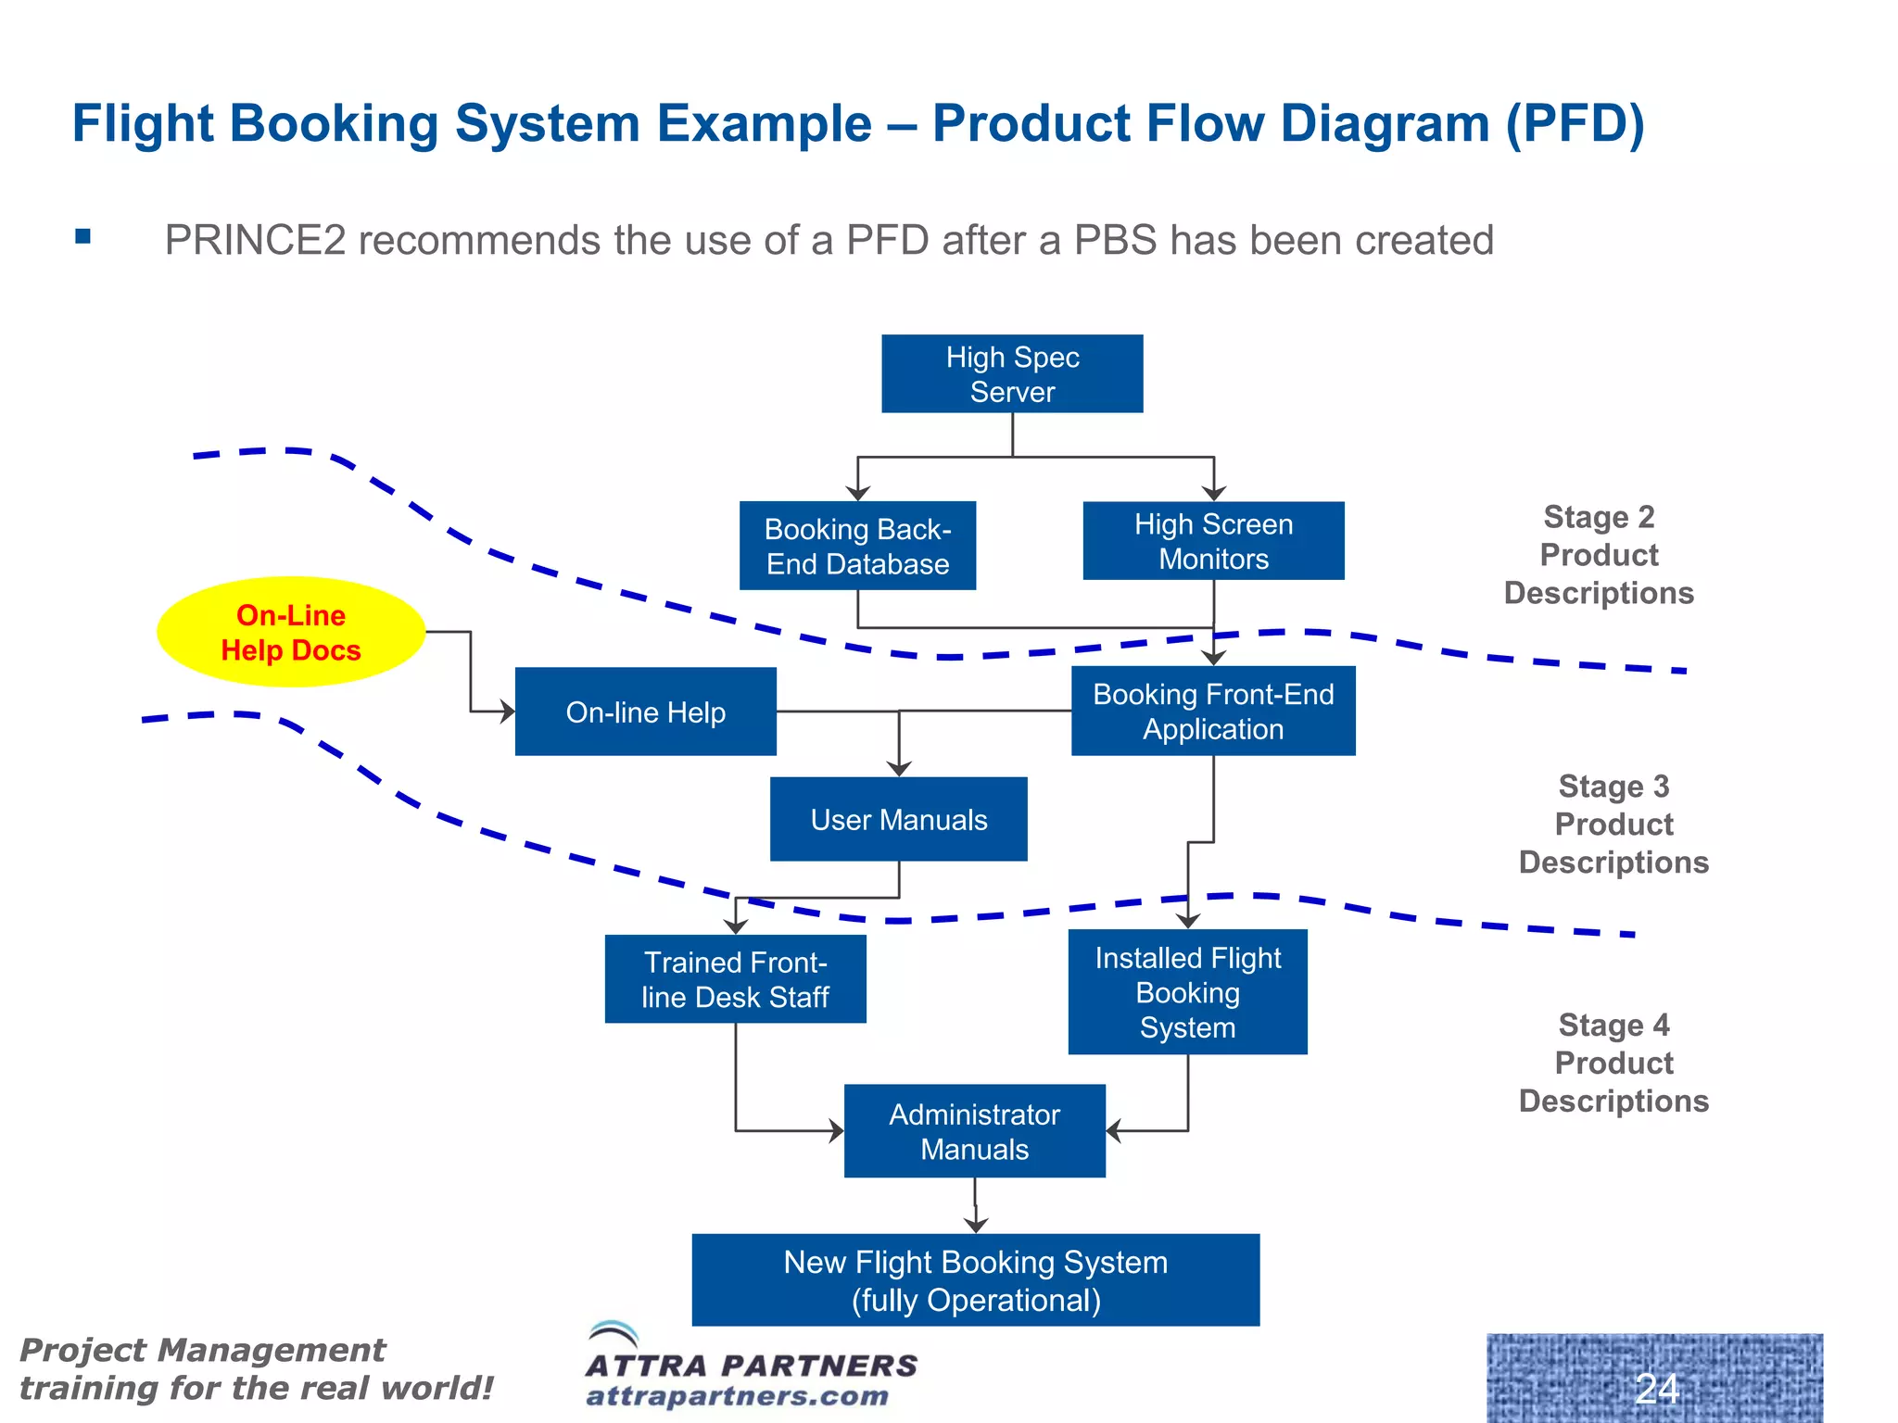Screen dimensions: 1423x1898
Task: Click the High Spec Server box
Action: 1012,373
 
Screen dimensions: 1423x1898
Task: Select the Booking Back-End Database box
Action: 857,546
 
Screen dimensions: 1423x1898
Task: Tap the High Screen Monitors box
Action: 1213,541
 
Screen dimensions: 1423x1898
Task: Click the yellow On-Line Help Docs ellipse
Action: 291,632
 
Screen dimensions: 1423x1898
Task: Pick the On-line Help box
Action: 645,711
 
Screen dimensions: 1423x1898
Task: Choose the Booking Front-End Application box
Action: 1213,711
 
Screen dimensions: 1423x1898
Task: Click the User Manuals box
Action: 898,819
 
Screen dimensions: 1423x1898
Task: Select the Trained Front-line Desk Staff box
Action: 735,978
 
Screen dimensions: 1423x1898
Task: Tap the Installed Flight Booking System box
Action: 1187,991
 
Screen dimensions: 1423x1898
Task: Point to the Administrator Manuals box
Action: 974,1131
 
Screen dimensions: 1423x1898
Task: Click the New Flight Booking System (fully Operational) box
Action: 975,1280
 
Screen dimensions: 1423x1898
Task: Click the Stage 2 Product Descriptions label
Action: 1599,554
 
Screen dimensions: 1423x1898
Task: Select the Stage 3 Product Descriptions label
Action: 1613,824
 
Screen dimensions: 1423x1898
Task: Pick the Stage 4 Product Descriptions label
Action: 1613,1063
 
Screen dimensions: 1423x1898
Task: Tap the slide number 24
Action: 1656,1388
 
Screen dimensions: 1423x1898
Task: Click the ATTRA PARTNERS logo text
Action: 751,1365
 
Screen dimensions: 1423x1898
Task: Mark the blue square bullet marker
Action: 83,236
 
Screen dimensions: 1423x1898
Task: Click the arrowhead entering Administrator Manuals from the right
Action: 1113,1130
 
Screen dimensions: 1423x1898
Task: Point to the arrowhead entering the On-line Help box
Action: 507,711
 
